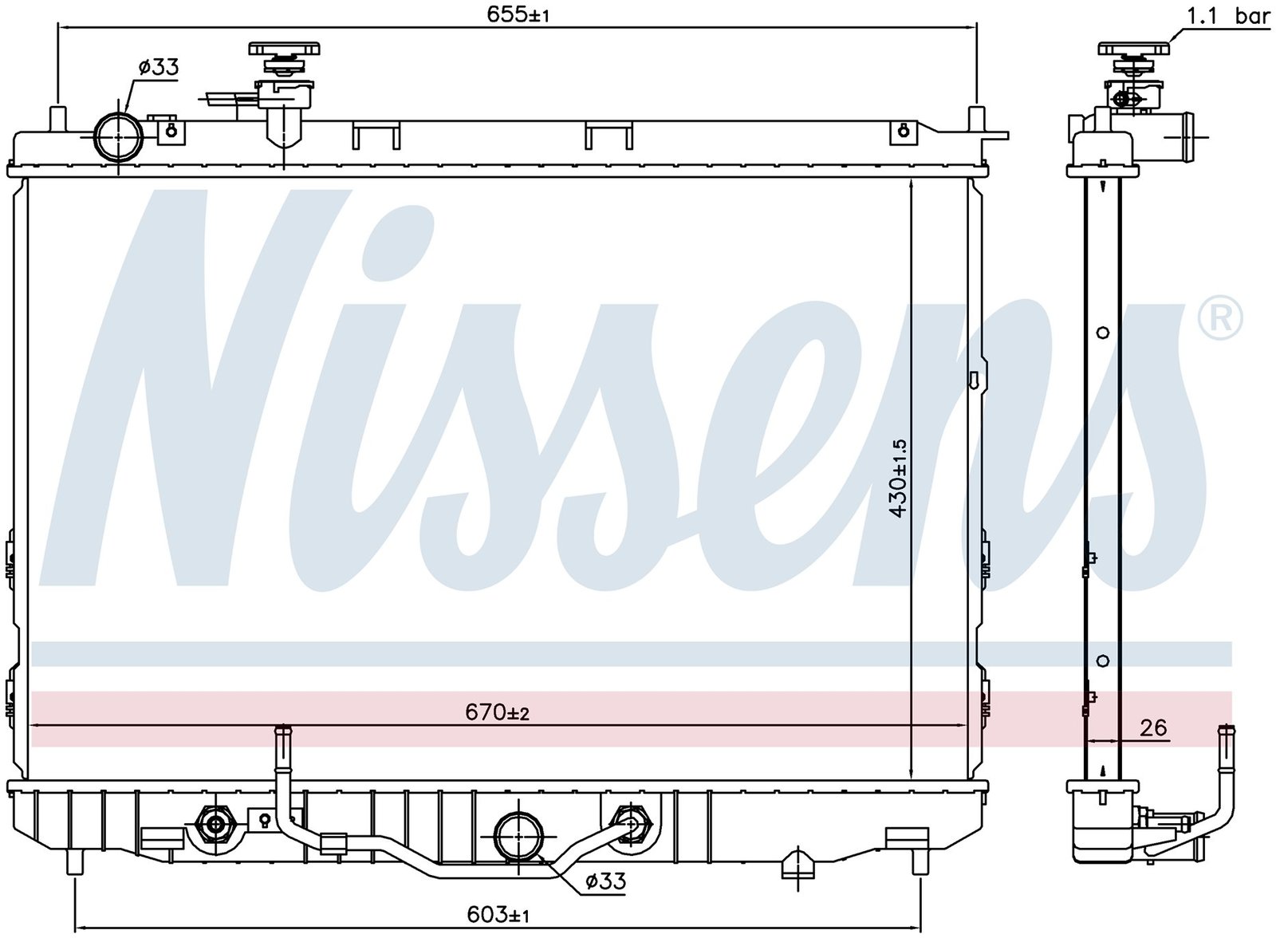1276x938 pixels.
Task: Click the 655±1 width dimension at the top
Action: (x=518, y=15)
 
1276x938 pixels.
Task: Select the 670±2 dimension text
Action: (x=497, y=711)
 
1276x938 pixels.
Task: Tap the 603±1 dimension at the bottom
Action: (x=498, y=915)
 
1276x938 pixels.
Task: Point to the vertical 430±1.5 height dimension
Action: (x=897, y=478)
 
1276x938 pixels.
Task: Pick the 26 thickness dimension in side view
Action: (x=1153, y=728)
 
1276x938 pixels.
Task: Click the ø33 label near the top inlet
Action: (x=159, y=67)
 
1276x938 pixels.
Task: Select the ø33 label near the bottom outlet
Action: (x=605, y=881)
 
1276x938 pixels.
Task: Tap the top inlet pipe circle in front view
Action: (x=119, y=137)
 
